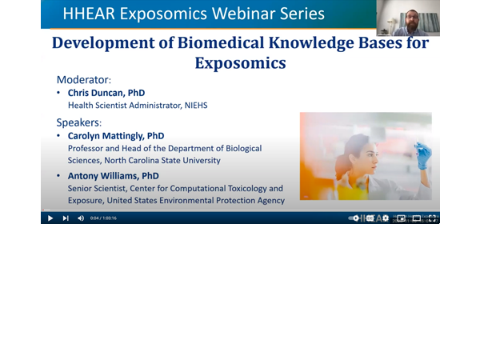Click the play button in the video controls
50,218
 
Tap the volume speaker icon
81,218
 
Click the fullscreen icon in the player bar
432,218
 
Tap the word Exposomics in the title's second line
240,62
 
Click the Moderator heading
84,80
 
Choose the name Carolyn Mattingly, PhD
116,136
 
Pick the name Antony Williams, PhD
113,175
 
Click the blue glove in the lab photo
423,154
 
